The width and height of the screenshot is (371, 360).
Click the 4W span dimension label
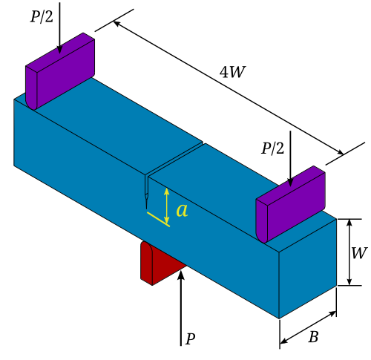pos(232,72)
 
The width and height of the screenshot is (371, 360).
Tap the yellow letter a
pos(183,211)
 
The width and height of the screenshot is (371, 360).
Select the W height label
pos(359,253)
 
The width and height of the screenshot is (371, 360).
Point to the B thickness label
pos(313,337)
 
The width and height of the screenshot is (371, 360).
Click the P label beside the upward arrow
pos(190,338)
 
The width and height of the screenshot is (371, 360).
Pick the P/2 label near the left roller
pos(42,17)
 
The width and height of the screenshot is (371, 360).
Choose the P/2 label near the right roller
pos(273,148)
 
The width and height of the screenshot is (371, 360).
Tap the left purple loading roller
pos(60,71)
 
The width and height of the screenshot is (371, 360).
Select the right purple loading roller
pos(291,204)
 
